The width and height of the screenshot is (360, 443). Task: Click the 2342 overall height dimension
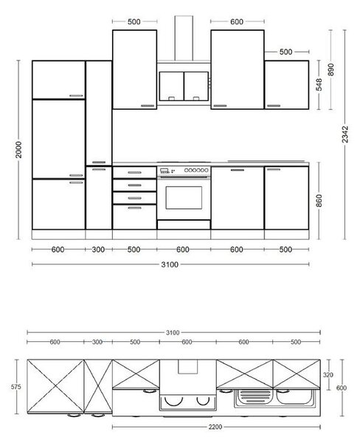pyautogui.click(x=345, y=134)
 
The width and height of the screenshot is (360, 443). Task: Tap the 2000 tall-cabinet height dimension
pyautogui.click(x=18, y=149)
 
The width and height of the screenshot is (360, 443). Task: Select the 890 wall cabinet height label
pyautogui.click(x=330, y=69)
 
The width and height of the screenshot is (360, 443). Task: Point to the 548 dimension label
pyautogui.click(x=319, y=84)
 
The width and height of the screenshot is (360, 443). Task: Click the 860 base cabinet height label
pyautogui.click(x=319, y=201)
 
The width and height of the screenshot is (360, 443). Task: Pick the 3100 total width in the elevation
pyautogui.click(x=170, y=264)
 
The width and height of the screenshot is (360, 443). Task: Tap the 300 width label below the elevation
pyautogui.click(x=98, y=250)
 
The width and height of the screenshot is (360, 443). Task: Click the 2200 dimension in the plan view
pyautogui.click(x=215, y=427)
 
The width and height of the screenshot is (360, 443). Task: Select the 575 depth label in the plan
pyautogui.click(x=16, y=387)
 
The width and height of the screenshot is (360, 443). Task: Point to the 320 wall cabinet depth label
pyautogui.click(x=328, y=375)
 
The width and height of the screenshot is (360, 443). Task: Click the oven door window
pyautogui.click(x=184, y=197)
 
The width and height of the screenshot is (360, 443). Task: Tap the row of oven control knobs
pyautogui.click(x=196, y=170)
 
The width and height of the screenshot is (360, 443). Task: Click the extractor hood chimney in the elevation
pyautogui.click(x=184, y=38)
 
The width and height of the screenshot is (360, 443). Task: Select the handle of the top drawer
pyautogui.click(x=134, y=172)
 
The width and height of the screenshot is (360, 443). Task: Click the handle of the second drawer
pyautogui.click(x=134, y=185)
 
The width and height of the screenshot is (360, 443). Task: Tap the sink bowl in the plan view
pyautogui.click(x=294, y=398)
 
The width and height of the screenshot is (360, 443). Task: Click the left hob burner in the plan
pyautogui.click(x=173, y=402)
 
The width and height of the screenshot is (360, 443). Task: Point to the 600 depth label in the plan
pyautogui.click(x=342, y=388)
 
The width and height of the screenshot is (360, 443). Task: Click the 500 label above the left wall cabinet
pyautogui.click(x=134, y=21)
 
